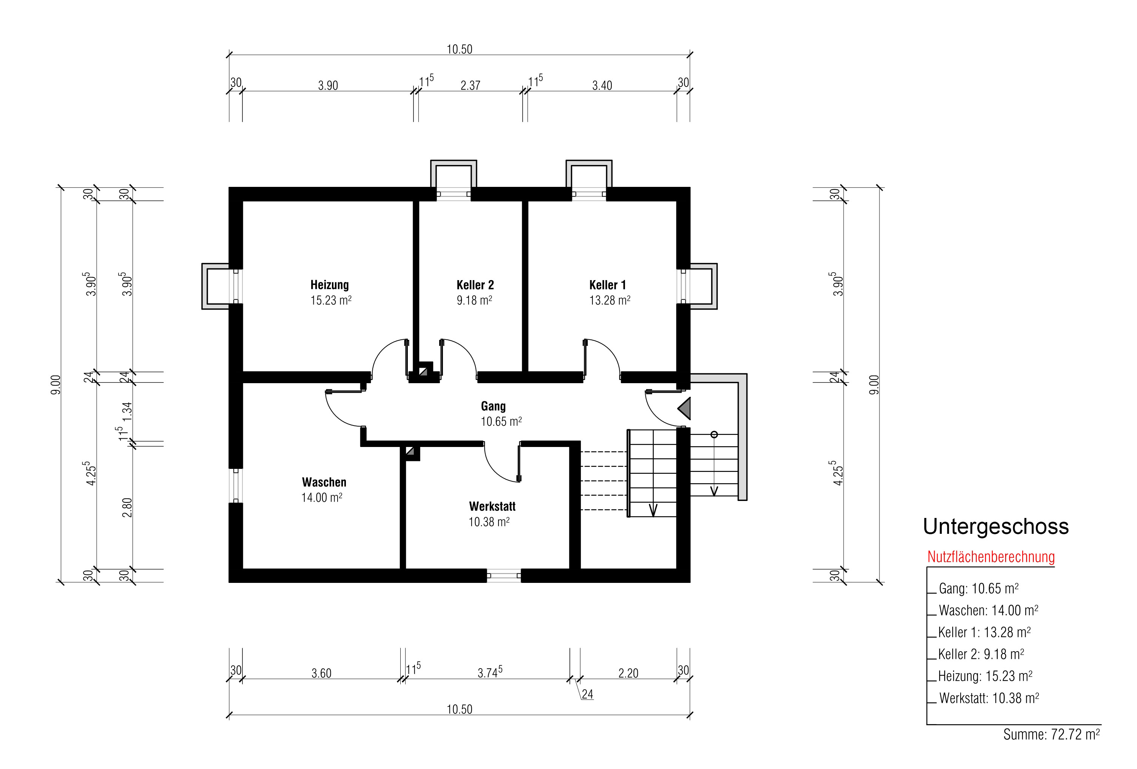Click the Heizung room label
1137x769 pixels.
(x=330, y=285)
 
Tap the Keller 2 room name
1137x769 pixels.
(x=475, y=285)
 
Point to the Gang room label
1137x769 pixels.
(x=493, y=406)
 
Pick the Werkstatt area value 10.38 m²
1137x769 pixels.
(x=489, y=522)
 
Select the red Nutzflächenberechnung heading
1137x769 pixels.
(x=991, y=557)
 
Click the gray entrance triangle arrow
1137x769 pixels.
(x=685, y=408)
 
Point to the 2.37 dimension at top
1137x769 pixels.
(x=470, y=86)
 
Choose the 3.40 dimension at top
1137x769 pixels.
(x=602, y=86)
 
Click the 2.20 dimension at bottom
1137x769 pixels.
(x=628, y=673)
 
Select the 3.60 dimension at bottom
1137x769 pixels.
(x=321, y=673)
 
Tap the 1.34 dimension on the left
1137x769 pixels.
(x=127, y=411)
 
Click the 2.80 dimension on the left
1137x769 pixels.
(x=127, y=508)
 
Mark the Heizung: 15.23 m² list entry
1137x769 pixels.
(x=985, y=676)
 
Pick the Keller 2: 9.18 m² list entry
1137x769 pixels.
(x=981, y=654)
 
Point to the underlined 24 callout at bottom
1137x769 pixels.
(x=587, y=694)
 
